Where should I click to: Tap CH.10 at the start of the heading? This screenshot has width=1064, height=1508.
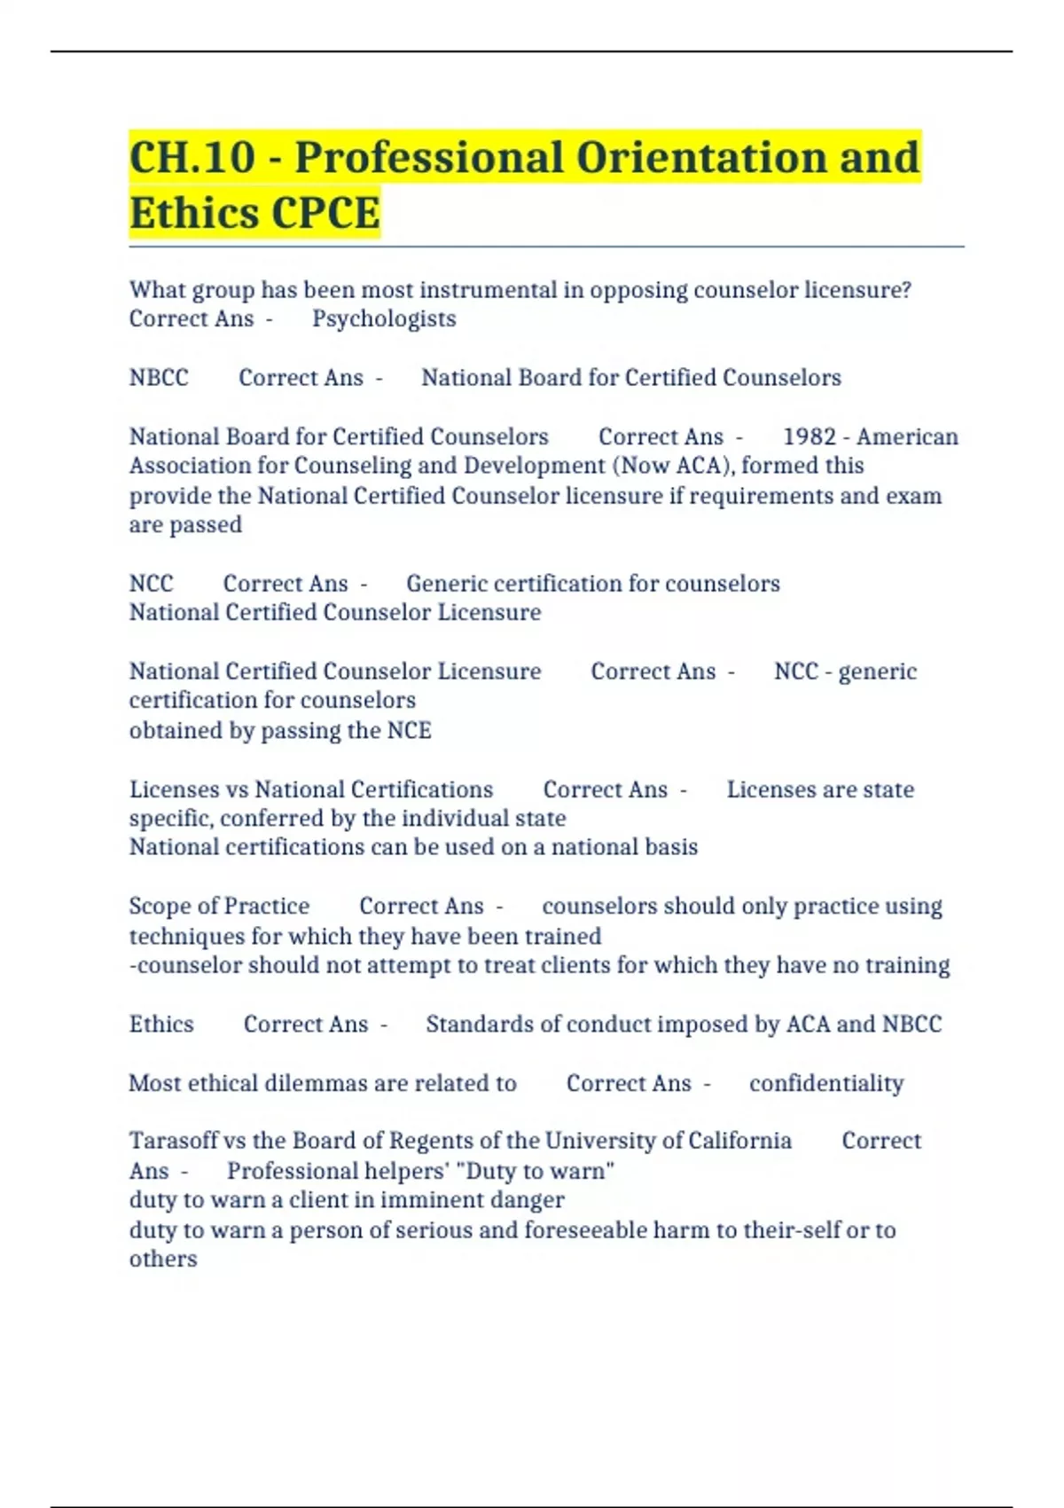pyautogui.click(x=192, y=158)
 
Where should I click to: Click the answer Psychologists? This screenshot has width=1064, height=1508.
pyautogui.click(x=384, y=318)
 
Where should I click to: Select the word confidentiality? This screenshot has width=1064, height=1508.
pyautogui.click(x=826, y=1083)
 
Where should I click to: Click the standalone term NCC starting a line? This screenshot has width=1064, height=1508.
pyautogui.click(x=152, y=584)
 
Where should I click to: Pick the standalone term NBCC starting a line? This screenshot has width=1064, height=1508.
pyautogui.click(x=159, y=378)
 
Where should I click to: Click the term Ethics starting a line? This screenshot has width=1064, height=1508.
pyautogui.click(x=161, y=1025)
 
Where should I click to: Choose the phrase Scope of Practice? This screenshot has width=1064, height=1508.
pyautogui.click(x=219, y=907)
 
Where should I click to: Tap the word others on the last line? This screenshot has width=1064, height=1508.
pyautogui.click(x=163, y=1260)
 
